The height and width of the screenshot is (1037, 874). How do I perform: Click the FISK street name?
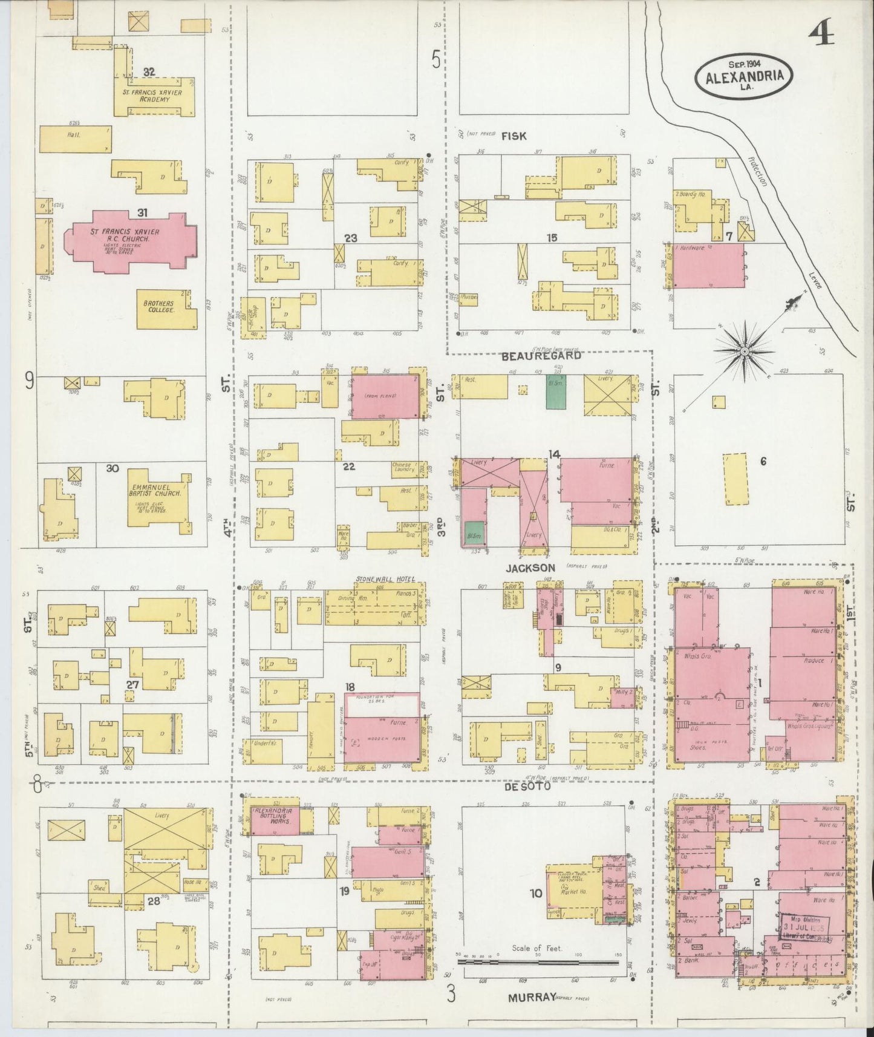[x=514, y=136]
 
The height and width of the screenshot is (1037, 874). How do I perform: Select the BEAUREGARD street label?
[x=541, y=356]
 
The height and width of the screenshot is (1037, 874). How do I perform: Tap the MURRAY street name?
[x=530, y=996]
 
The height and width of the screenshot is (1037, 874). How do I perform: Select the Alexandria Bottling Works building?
[x=273, y=819]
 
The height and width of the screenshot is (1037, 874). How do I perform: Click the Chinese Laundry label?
[x=403, y=467]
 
